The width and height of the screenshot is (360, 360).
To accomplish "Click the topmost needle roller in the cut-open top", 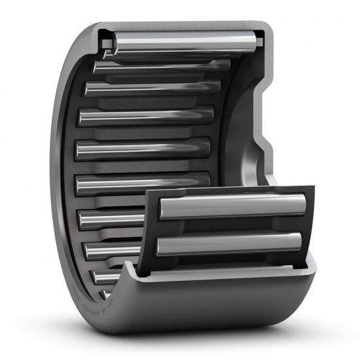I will (183, 43).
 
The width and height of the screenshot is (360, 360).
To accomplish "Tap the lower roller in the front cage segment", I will (229, 243).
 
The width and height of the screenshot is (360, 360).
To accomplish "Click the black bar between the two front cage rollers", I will (229, 226).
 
